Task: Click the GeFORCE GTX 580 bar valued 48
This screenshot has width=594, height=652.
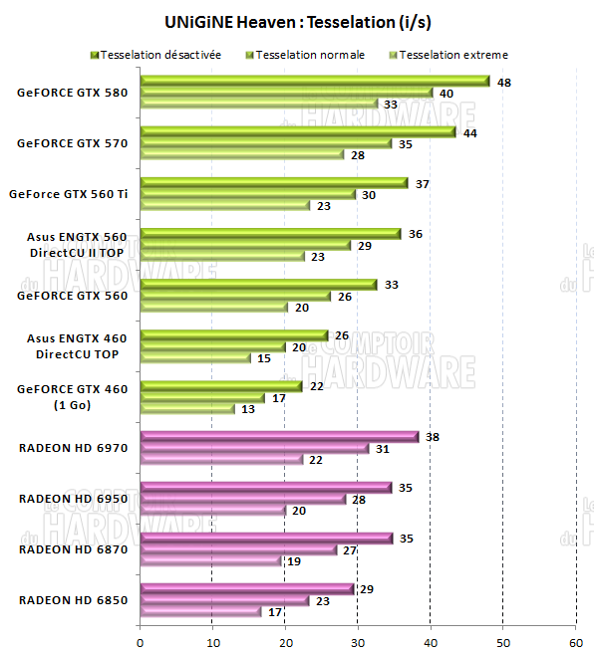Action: coord(315,82)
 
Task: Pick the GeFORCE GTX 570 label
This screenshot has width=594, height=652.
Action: coord(72,143)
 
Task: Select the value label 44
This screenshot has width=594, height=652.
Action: coord(469,132)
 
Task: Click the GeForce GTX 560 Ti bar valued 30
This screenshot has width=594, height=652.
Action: coord(248,195)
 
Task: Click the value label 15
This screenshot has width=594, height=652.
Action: coord(264,357)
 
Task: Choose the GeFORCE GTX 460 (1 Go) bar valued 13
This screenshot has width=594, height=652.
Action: coord(187,408)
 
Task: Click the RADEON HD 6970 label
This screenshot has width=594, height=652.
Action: coord(73,448)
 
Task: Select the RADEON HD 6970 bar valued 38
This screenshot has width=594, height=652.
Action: coord(279,437)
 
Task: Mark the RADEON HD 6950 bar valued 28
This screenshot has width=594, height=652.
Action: coord(243,500)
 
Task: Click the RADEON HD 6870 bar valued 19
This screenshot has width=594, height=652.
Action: coord(210,561)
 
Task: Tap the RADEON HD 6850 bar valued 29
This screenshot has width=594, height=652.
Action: coord(247,589)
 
